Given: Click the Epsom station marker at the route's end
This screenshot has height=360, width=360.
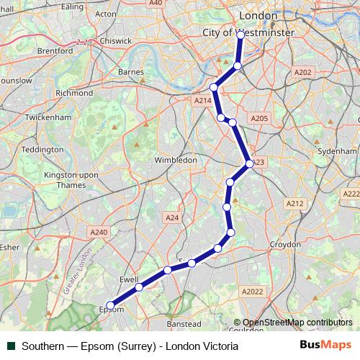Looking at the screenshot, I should [x=109, y=305].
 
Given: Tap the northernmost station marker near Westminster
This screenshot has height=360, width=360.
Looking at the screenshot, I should [x=240, y=34].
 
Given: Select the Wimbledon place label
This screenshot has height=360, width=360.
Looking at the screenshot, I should [x=176, y=159].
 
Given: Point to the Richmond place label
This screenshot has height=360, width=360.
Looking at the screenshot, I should [x=74, y=93].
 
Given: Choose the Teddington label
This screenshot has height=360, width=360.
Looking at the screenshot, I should [x=42, y=149].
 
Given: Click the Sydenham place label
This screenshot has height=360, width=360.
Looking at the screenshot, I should [x=338, y=153].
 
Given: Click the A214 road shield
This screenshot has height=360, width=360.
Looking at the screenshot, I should [x=203, y=102].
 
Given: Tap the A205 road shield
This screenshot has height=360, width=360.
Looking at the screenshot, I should [x=259, y=118].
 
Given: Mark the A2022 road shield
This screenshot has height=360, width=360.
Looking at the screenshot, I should [x=252, y=291].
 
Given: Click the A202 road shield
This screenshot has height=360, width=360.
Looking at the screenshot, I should [x=303, y=72].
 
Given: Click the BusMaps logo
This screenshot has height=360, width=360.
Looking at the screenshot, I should [x=326, y=345].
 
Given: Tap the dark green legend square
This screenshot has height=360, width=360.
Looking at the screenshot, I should [x=11, y=346].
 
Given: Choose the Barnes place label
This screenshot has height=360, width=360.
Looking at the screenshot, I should [x=130, y=72].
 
